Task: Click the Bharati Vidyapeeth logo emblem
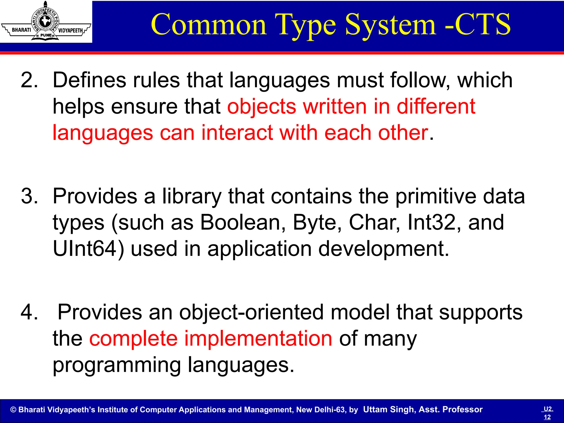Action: coord(46,21)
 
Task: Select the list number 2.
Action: coord(29,80)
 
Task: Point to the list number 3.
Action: coord(29,196)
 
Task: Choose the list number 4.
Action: coord(29,312)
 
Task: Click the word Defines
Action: coord(89,80)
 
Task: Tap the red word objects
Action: coord(262,107)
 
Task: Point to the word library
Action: coord(192,196)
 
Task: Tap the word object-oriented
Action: coord(251,312)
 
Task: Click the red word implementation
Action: coord(258,338)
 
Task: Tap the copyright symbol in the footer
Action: coord(13,410)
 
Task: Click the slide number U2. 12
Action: coord(548,413)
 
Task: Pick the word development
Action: coord(384,249)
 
